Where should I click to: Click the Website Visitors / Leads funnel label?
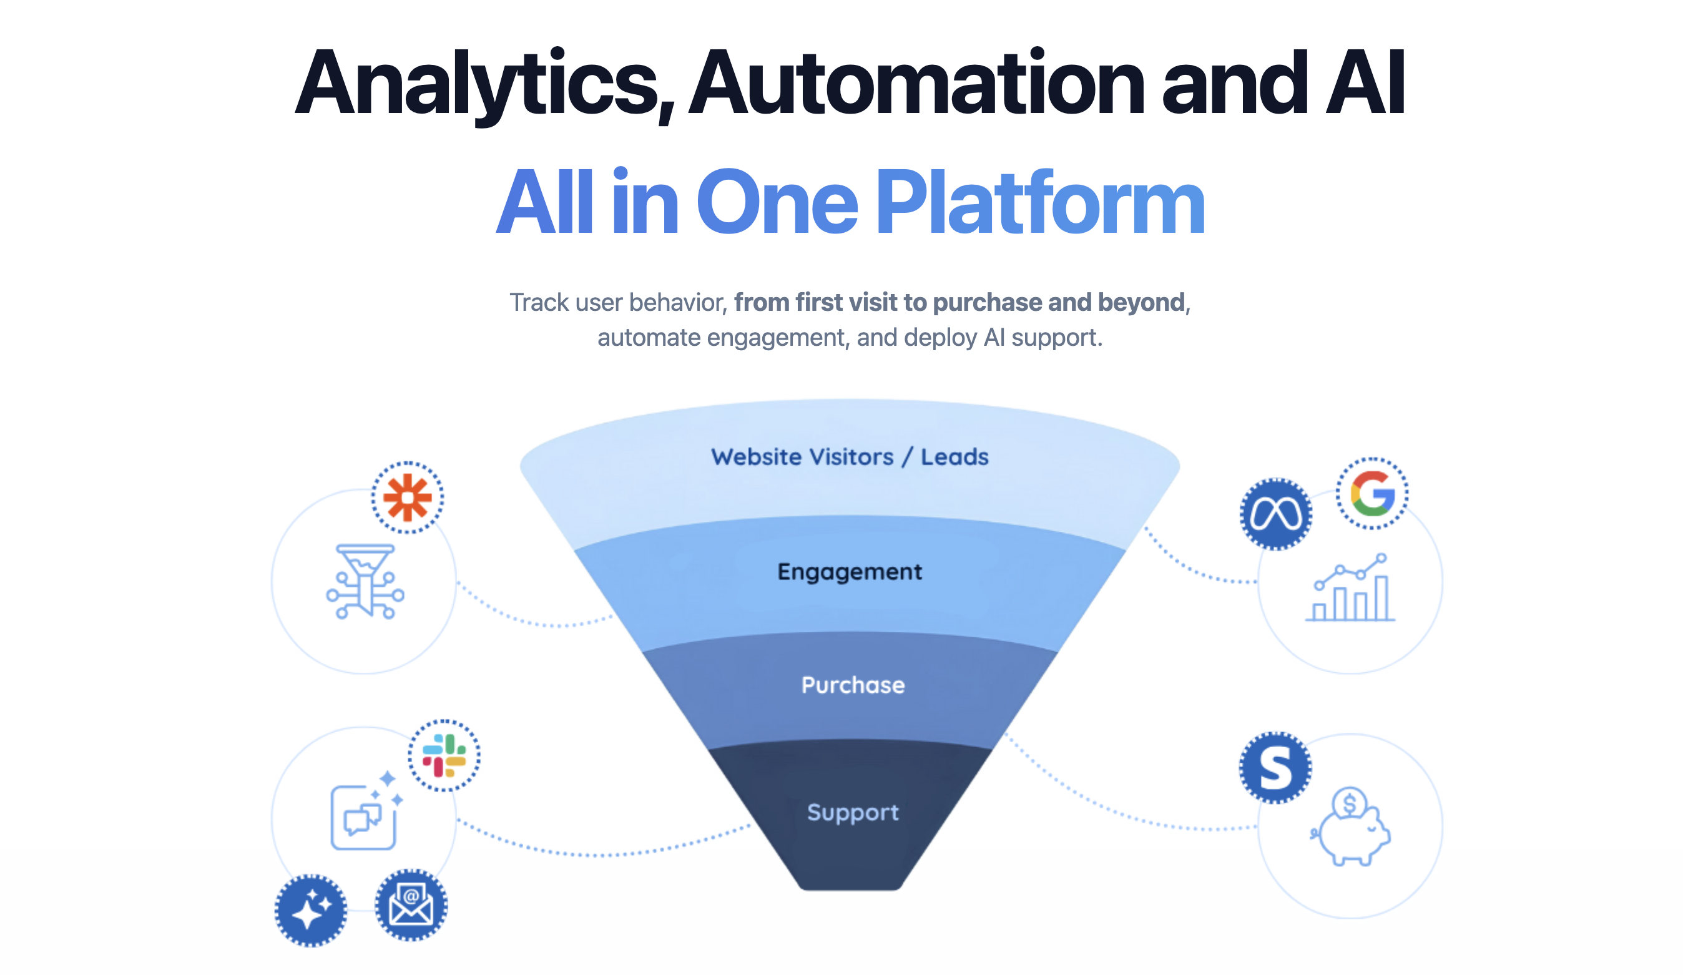pos(849,458)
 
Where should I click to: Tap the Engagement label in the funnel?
pos(849,572)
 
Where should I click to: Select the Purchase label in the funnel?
pos(852,685)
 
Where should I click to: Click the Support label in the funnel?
pos(852,812)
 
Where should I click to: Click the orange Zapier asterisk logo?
pos(408,497)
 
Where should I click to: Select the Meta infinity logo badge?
pos(1275,514)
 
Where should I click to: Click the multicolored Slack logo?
pos(443,755)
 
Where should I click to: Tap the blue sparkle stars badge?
pos(310,910)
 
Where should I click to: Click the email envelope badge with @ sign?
pos(411,905)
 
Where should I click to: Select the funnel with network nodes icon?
pos(365,581)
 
